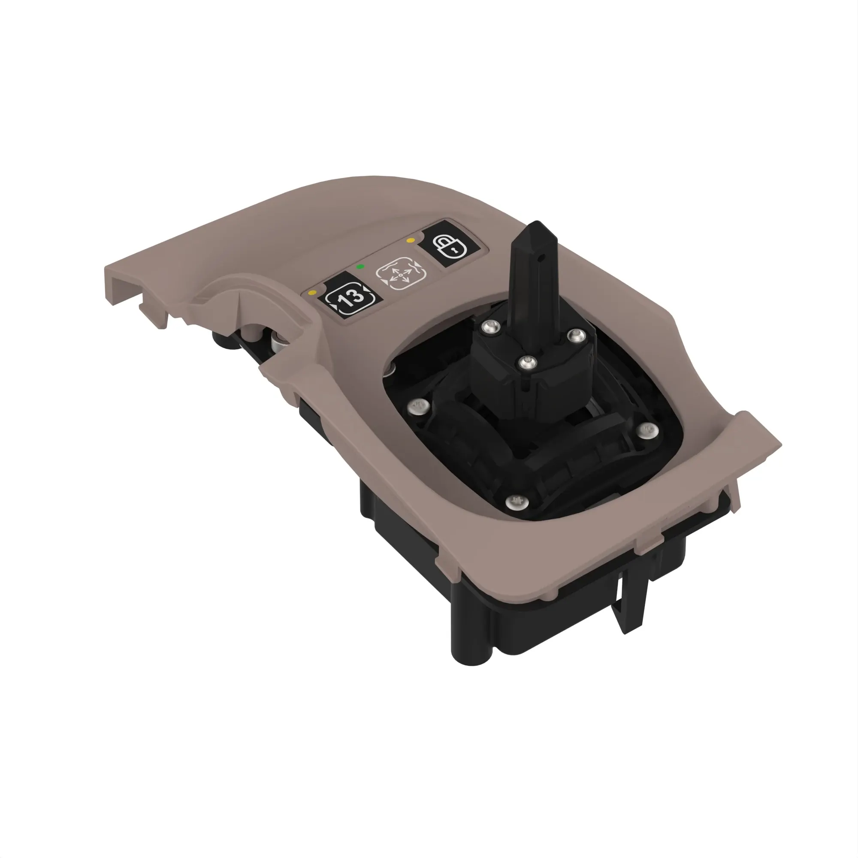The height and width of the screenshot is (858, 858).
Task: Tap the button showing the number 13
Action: click(x=350, y=298)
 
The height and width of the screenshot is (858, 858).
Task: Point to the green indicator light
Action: click(x=361, y=267)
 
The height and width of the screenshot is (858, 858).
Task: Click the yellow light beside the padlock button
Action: click(x=411, y=241)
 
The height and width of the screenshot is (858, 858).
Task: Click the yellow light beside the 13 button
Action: click(x=313, y=293)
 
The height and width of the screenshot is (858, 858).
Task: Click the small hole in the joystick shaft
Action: click(x=541, y=256)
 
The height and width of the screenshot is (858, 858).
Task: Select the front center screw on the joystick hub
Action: click(x=527, y=363)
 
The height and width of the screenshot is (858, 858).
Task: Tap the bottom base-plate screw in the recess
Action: click(x=517, y=502)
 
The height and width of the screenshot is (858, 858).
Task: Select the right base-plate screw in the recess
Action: click(x=648, y=429)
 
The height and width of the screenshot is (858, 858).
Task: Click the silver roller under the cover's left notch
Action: click(x=278, y=342)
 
